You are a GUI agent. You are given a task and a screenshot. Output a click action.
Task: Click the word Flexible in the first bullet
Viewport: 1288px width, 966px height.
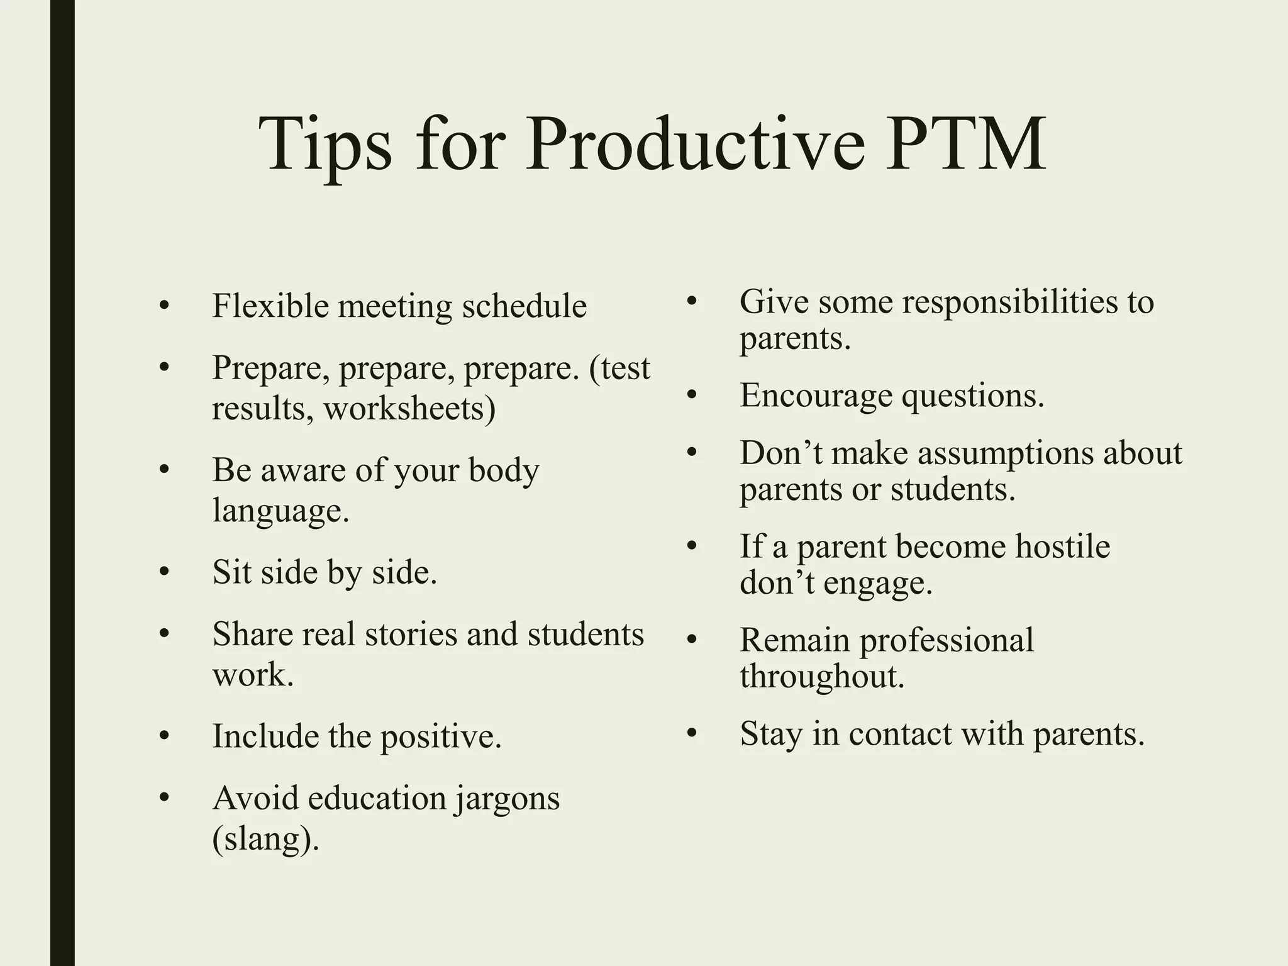click(270, 307)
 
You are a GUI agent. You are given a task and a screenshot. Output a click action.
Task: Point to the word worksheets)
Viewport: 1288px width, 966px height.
click(409, 409)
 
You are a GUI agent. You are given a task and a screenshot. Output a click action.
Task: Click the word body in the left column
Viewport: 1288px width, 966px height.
click(504, 470)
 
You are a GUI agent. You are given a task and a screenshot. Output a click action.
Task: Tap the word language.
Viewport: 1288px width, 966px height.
click(280, 511)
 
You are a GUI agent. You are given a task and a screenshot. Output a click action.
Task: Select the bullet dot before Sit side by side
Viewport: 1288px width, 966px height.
click(165, 572)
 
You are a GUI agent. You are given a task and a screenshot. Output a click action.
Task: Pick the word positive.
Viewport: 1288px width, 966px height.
click(441, 736)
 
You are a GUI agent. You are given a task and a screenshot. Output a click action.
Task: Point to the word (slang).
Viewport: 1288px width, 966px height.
click(265, 839)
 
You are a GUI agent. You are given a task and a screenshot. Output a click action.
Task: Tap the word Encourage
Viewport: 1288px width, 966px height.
click(816, 396)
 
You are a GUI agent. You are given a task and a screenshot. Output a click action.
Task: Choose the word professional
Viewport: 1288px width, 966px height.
click(947, 640)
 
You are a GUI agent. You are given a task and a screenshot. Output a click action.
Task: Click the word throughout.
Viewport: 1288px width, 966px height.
click(822, 677)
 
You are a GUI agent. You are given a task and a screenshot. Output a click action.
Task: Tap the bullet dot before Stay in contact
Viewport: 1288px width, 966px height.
click(692, 733)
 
